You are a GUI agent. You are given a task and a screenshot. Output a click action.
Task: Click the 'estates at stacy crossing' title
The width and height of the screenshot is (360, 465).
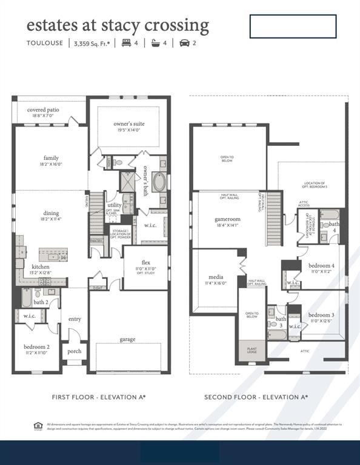pyautogui.click(x=118, y=25)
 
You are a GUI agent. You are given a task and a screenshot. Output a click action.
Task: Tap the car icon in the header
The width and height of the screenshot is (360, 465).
pyautogui.click(x=184, y=43)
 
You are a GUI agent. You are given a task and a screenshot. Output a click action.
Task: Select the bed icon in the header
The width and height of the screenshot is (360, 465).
pyautogui.click(x=127, y=43)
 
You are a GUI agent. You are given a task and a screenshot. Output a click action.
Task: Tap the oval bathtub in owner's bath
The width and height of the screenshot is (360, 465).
pyautogui.click(x=159, y=182)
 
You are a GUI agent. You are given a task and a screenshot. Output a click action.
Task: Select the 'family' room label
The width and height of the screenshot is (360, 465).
pyautogui.click(x=51, y=159)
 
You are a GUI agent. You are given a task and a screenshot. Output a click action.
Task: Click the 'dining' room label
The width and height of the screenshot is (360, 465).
pyautogui.click(x=51, y=213)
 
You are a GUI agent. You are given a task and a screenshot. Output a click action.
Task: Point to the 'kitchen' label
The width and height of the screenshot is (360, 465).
pyautogui.click(x=41, y=266)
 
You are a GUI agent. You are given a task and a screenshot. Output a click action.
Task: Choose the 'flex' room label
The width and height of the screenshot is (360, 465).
pyautogui.click(x=145, y=263)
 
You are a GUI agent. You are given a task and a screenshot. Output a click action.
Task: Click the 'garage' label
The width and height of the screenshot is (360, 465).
pyautogui.click(x=128, y=340)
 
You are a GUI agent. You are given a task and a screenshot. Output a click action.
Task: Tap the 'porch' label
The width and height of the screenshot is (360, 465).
pyautogui.click(x=74, y=351)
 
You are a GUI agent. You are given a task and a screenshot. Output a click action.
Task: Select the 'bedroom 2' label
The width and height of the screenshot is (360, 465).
pyautogui.click(x=36, y=347)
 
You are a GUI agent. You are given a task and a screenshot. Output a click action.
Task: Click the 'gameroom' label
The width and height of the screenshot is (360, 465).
pyautogui.click(x=228, y=219)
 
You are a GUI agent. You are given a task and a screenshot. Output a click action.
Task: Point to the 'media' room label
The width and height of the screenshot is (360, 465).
pyautogui.click(x=216, y=277)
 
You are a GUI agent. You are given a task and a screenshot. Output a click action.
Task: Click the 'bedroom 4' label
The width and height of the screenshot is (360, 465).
pyautogui.click(x=320, y=266)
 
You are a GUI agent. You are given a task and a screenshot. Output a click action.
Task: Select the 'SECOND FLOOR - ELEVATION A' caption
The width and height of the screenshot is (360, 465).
pyautogui.click(x=256, y=397)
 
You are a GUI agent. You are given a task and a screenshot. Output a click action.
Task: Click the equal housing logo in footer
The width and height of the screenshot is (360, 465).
pyautogui.click(x=37, y=426)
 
